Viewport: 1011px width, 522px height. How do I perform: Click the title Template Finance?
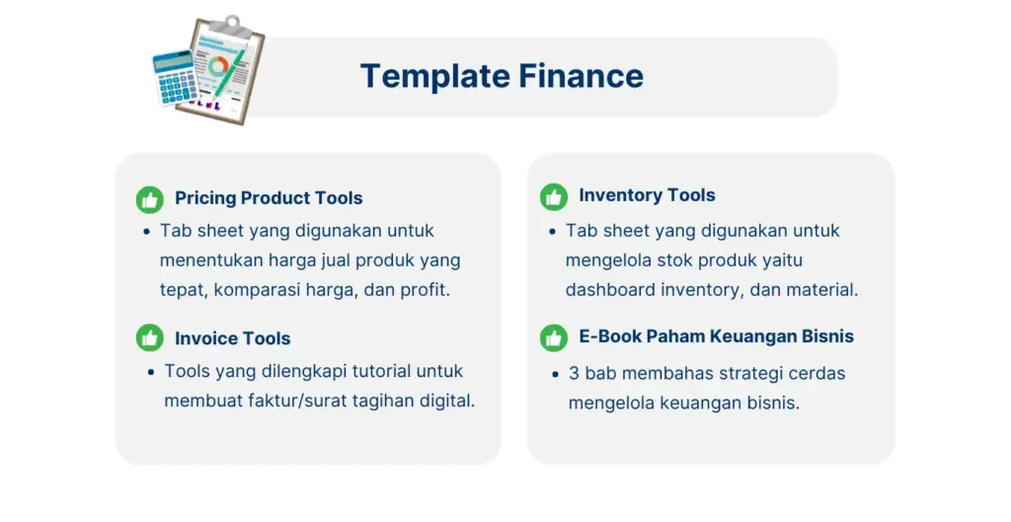(x=502, y=76)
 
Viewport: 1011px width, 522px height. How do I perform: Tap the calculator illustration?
(x=175, y=78)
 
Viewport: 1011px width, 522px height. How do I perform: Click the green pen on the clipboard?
(x=229, y=72)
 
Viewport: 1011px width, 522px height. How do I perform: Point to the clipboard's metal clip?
(x=232, y=27)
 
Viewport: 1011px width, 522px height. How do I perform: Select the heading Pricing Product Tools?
(x=269, y=197)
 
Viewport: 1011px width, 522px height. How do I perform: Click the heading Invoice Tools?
(x=232, y=338)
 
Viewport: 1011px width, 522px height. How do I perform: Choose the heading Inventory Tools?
(x=647, y=195)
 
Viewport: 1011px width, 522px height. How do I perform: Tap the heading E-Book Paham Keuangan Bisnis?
(x=716, y=336)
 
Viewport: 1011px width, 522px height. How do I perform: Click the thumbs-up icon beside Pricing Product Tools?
(x=150, y=199)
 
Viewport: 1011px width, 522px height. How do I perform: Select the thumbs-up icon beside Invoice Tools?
(x=150, y=337)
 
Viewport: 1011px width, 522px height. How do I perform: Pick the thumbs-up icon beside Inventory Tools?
(x=554, y=197)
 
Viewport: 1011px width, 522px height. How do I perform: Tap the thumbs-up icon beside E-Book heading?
(x=554, y=337)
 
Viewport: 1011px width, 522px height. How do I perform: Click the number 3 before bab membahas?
(x=574, y=374)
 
